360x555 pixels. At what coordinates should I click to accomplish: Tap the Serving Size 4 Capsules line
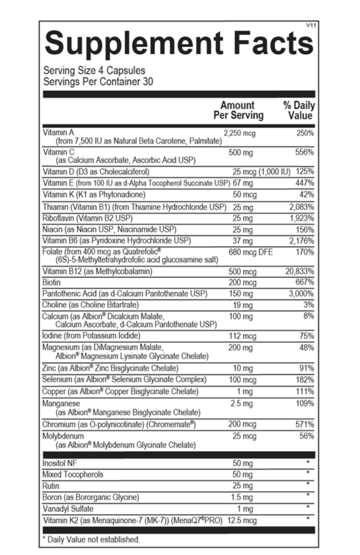(94, 71)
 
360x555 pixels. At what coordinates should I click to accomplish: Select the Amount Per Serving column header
(238, 110)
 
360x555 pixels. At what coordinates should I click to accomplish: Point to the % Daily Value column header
(299, 110)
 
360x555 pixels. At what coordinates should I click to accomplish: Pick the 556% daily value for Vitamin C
(304, 152)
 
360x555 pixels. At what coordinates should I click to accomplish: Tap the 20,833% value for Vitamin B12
(299, 272)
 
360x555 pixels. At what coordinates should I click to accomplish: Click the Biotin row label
(52, 282)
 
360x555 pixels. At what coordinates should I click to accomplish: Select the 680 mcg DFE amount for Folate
(251, 252)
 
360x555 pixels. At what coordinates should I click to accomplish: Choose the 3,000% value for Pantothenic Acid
(301, 294)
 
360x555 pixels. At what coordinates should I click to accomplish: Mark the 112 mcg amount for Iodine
(242, 336)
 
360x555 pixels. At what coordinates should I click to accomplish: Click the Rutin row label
(51, 485)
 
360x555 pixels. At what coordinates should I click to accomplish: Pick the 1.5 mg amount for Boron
(242, 497)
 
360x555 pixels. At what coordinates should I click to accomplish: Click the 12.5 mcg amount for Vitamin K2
(242, 520)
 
